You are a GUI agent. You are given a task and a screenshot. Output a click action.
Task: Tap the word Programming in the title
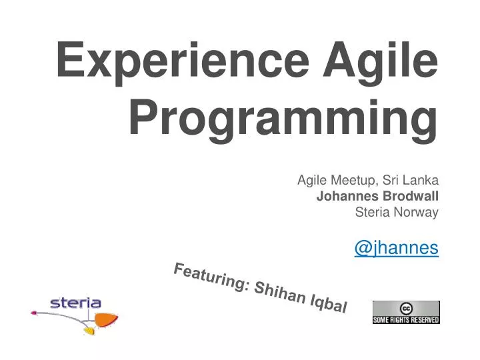pyautogui.click(x=283, y=118)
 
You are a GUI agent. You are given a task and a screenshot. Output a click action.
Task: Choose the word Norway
pyautogui.click(x=418, y=212)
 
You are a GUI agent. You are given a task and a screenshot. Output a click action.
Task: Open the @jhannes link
pyautogui.click(x=396, y=248)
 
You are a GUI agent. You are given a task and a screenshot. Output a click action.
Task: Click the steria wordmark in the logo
pyautogui.click(x=75, y=303)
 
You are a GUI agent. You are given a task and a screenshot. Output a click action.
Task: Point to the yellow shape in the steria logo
pyautogui.click(x=89, y=330)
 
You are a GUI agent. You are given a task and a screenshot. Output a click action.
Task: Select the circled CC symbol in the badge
pyautogui.click(x=405, y=308)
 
